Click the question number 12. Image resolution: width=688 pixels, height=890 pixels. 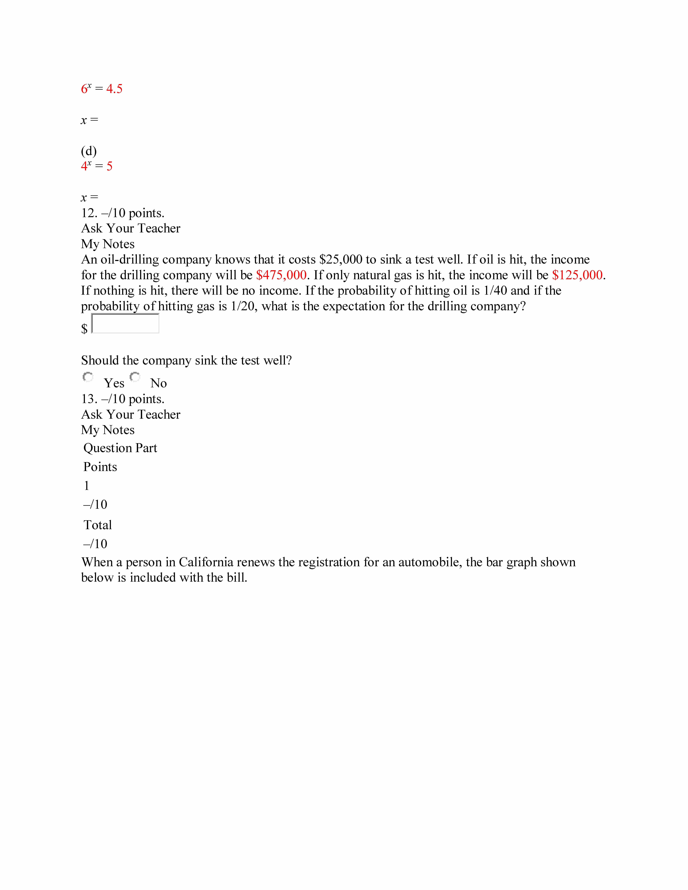point(89,213)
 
